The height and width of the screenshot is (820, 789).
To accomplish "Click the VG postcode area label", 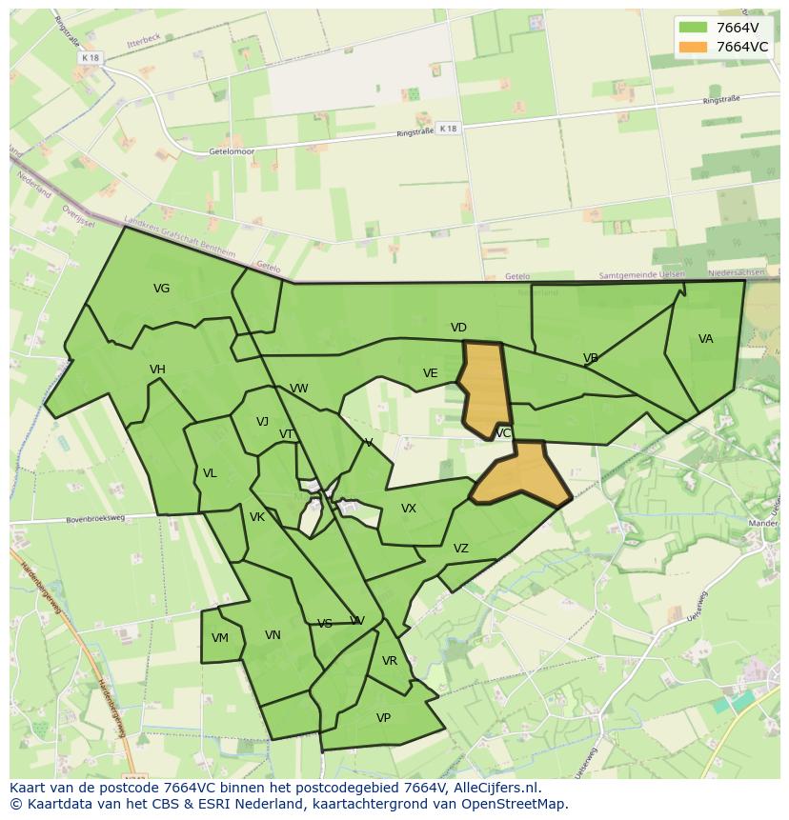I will click(x=161, y=289).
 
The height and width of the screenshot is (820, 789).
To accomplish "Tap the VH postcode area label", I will click(x=157, y=370).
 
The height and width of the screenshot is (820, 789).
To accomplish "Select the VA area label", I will click(x=705, y=339).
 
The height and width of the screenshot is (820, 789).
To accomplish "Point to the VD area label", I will click(x=458, y=328).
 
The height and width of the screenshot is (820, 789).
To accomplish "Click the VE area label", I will click(x=430, y=373).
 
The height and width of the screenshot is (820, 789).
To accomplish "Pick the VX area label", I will click(x=409, y=509).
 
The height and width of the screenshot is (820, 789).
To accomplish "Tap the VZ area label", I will click(x=461, y=549).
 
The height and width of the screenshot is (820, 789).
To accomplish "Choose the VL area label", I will click(x=210, y=473).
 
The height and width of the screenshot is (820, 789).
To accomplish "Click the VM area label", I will click(x=220, y=638).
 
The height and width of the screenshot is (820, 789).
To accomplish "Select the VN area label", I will click(x=273, y=635).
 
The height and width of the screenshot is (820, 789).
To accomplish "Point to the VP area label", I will click(x=383, y=718).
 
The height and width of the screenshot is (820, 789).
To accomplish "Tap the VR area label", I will click(x=389, y=661).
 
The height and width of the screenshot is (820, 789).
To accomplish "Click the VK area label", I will click(x=257, y=517).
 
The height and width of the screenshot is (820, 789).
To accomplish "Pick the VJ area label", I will click(x=262, y=422).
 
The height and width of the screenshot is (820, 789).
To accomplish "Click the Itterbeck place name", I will click(x=140, y=44).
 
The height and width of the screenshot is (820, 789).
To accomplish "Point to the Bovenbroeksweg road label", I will click(x=95, y=519).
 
